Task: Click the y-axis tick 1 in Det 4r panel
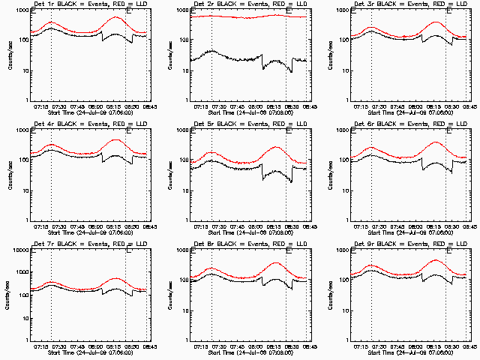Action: click(25, 219)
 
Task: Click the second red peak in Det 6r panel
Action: click(436, 142)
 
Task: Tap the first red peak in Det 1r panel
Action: click(51, 22)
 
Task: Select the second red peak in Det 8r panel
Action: click(276, 262)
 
